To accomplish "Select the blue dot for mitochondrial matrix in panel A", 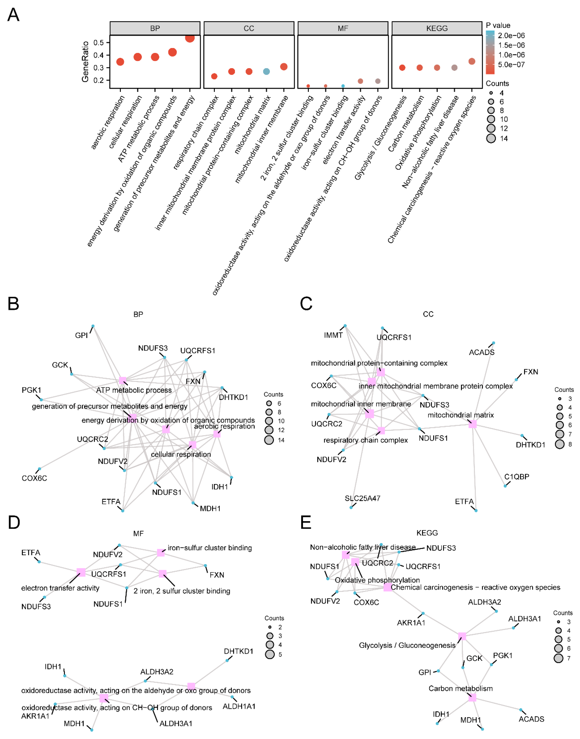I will [x=267, y=71].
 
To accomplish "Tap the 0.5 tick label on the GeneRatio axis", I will [x=99, y=42].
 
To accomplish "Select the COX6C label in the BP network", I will [x=34, y=478].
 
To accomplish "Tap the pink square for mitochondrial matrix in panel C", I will [x=472, y=424].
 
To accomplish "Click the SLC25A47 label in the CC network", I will [x=362, y=498].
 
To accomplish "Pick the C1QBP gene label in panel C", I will [x=517, y=477].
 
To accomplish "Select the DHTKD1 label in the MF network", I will [x=238, y=651].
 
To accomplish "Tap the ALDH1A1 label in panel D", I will [x=239, y=706].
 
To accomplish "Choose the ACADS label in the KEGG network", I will [x=531, y=719].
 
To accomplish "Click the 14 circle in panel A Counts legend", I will [x=491, y=138].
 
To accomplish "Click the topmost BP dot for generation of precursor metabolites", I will [x=190, y=38].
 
